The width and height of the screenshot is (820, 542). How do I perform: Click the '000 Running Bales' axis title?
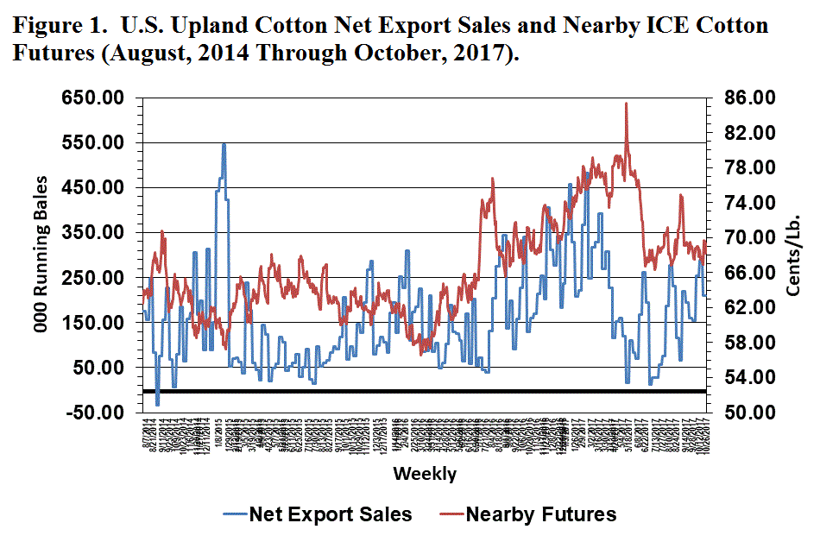click(x=41, y=255)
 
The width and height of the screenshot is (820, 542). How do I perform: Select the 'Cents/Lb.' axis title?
click(x=794, y=255)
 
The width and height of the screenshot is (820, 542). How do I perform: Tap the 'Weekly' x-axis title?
click(x=425, y=474)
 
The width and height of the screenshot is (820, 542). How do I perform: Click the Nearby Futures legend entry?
click(x=541, y=515)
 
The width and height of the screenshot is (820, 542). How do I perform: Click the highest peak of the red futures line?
click(x=626, y=104)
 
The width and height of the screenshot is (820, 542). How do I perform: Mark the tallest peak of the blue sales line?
click(x=224, y=144)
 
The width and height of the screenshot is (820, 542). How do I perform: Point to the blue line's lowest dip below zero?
click(x=157, y=404)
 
